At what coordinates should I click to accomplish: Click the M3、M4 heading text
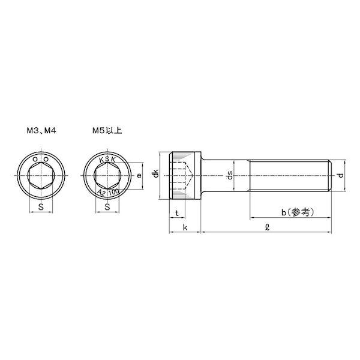coord(41,129)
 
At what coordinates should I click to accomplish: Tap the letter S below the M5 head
coord(106,206)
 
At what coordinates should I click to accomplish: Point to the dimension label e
coord(139,176)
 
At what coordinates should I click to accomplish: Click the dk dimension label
coord(156,175)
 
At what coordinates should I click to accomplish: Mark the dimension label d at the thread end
coord(340,176)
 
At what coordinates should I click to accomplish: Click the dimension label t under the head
coord(177,213)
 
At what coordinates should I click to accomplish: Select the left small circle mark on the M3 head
coord(35,159)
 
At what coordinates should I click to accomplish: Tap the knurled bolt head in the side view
coord(184,175)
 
